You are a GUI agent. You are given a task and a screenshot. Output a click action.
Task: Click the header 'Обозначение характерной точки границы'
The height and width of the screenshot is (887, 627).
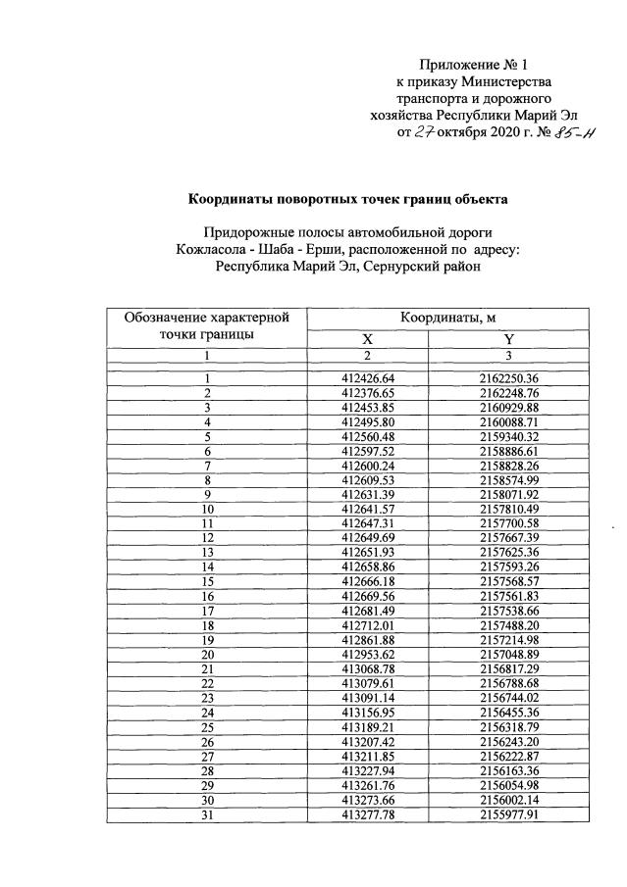point(207,325)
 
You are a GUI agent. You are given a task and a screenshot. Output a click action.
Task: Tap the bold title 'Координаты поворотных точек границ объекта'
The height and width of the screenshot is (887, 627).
point(348,199)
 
